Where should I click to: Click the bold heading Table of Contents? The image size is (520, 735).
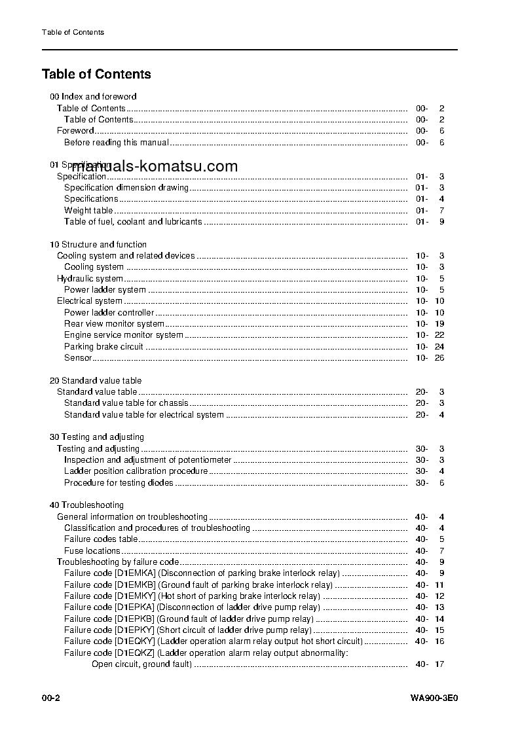coord(96,75)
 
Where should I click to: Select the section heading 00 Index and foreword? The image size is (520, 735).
coord(93,97)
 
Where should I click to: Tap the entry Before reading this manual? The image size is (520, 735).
coord(116,142)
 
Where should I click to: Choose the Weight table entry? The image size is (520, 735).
coord(88,210)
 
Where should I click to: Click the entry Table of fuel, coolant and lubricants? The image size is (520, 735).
coord(133,222)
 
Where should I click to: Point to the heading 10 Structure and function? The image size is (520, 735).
coord(98,244)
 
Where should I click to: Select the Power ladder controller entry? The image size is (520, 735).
coord(109,312)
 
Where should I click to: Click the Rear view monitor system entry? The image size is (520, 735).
coord(114,324)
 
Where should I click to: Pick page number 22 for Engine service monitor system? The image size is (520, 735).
coord(439,335)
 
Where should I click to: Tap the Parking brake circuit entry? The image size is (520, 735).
coord(103,346)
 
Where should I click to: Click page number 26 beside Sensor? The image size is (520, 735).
coord(439,358)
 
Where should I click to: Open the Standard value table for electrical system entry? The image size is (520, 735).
coord(143,414)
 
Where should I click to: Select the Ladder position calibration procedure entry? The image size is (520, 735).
coord(136,471)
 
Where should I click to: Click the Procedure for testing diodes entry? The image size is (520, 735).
coord(119,482)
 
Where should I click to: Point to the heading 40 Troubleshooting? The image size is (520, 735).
coord(86,505)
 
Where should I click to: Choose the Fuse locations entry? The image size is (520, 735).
coord(92,550)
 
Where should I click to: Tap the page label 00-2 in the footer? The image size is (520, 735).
coord(51,698)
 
